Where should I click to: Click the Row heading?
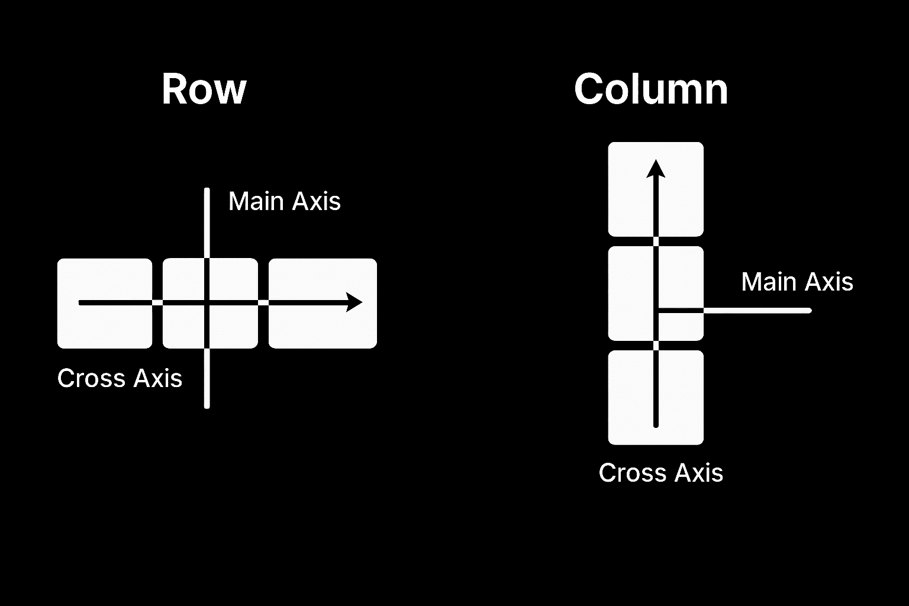click(204, 90)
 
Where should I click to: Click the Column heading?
click(650, 90)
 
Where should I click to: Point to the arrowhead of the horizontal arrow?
click(354, 302)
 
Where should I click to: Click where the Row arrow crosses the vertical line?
click(207, 302)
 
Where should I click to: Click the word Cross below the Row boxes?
click(91, 379)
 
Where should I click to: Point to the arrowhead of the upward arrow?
click(656, 168)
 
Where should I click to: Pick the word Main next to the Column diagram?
click(766, 282)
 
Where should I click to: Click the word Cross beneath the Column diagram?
click(632, 473)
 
